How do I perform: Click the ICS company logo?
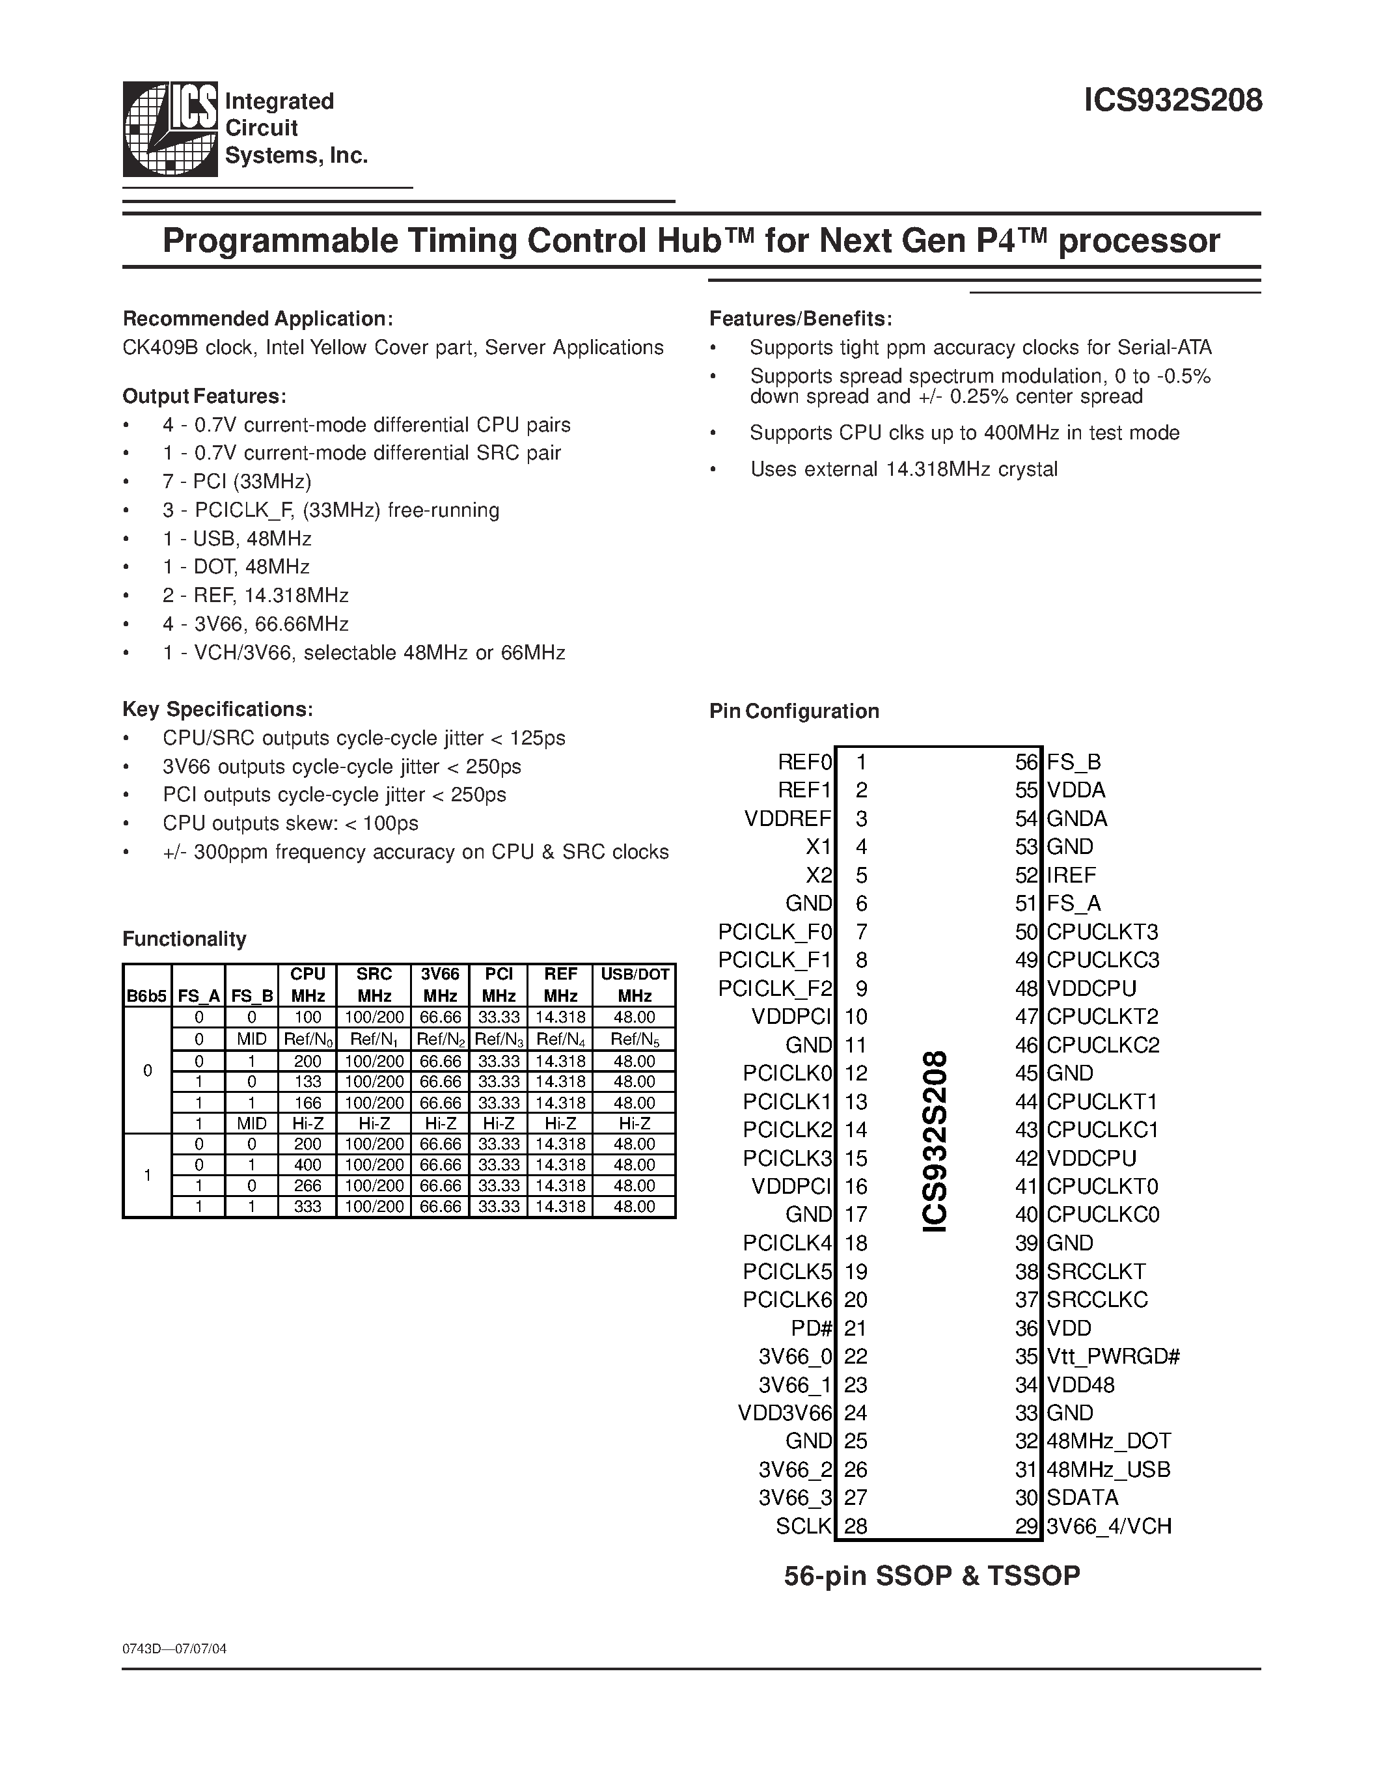click(x=171, y=129)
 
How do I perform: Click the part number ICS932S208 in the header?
click(x=1172, y=101)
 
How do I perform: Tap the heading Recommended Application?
click(x=257, y=319)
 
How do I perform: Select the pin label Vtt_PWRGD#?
click(x=1113, y=1356)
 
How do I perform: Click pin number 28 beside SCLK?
click(x=855, y=1526)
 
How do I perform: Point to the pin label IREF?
click(x=1071, y=875)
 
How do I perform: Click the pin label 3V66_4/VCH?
click(x=1108, y=1526)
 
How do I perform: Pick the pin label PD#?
click(x=811, y=1328)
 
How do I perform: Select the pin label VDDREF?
click(x=787, y=818)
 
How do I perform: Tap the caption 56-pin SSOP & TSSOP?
click(x=931, y=1575)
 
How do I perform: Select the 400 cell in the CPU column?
click(x=308, y=1164)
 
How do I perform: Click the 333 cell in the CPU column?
click(x=308, y=1206)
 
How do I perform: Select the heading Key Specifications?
click(x=217, y=709)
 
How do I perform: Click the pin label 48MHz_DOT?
click(x=1108, y=1441)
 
